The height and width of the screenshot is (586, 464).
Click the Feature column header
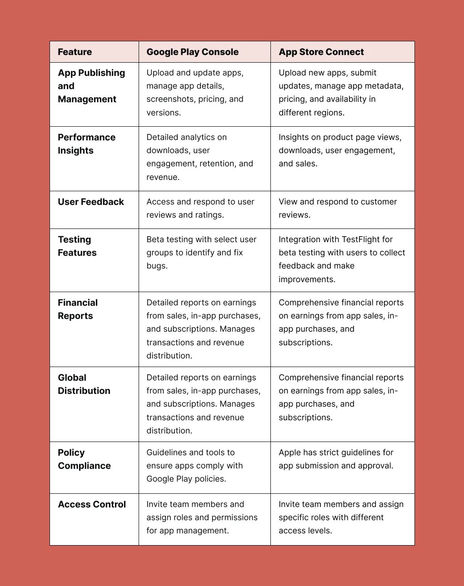[75, 52]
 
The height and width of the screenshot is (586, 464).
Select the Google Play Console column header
[192, 52]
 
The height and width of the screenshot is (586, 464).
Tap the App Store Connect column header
[321, 52]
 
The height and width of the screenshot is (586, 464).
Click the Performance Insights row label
[86, 144]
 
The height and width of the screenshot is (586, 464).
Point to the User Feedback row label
[91, 202]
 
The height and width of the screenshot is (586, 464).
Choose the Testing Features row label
[77, 246]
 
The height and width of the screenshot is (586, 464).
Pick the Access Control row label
[92, 504]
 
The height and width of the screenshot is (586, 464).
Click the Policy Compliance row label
[84, 459]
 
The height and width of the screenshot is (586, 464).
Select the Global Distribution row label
[84, 384]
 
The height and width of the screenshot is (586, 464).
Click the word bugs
[156, 266]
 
